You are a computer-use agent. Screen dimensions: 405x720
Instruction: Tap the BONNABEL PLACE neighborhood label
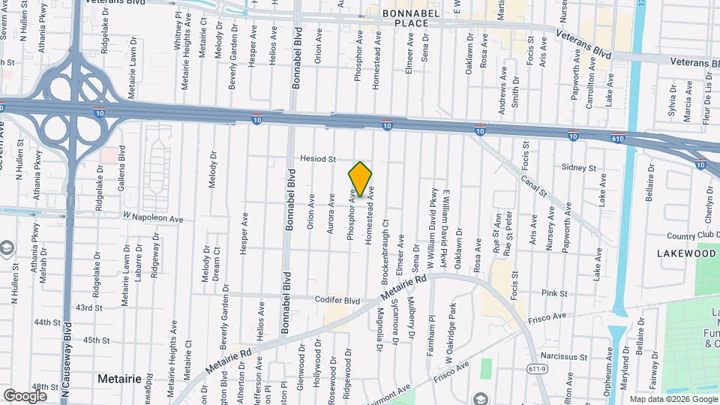(404, 18)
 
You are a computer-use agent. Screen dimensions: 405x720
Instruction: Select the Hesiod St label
(317, 159)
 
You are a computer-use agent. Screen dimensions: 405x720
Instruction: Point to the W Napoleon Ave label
(153, 217)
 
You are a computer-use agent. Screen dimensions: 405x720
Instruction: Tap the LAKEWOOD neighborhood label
(686, 254)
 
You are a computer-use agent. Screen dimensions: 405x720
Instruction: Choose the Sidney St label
(581, 168)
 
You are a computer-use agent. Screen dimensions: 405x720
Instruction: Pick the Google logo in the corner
(25, 395)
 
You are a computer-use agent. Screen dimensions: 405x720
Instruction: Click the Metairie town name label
(119, 379)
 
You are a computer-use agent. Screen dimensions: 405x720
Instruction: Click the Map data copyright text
(672, 399)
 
